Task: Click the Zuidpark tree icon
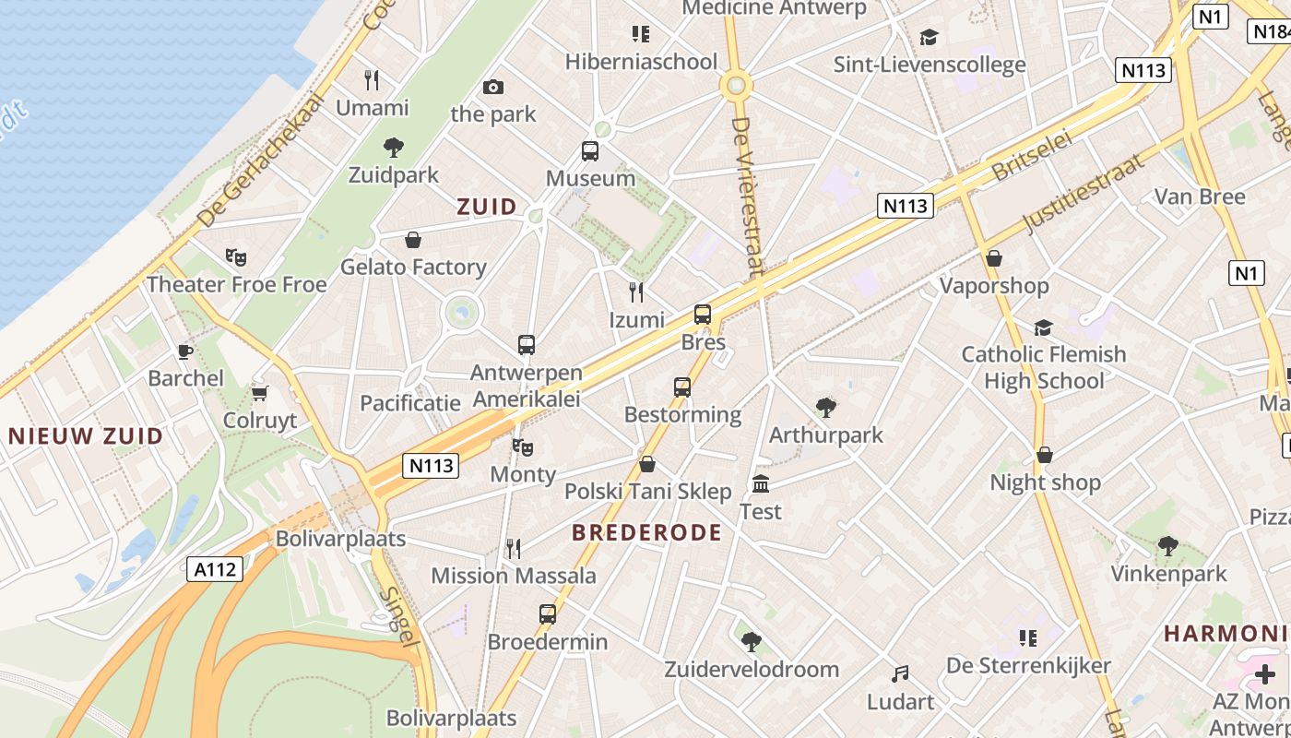pos(394,148)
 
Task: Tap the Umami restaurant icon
pos(372,80)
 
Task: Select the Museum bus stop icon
pos(590,151)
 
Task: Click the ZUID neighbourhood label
pos(487,207)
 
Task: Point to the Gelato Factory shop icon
pos(413,240)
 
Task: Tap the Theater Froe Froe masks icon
pos(236,257)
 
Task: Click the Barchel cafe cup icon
pos(185,351)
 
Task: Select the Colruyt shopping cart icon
pos(260,394)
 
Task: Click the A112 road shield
pos(216,569)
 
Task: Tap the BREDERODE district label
pos(646,532)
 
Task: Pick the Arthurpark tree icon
pos(825,408)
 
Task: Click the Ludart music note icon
pos(900,675)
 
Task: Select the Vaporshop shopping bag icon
pos(994,258)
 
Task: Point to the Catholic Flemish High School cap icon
pos(1043,327)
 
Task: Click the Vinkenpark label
pos(1168,574)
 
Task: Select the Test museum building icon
pos(761,484)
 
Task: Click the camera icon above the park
pos(493,88)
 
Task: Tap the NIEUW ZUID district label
pos(86,435)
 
